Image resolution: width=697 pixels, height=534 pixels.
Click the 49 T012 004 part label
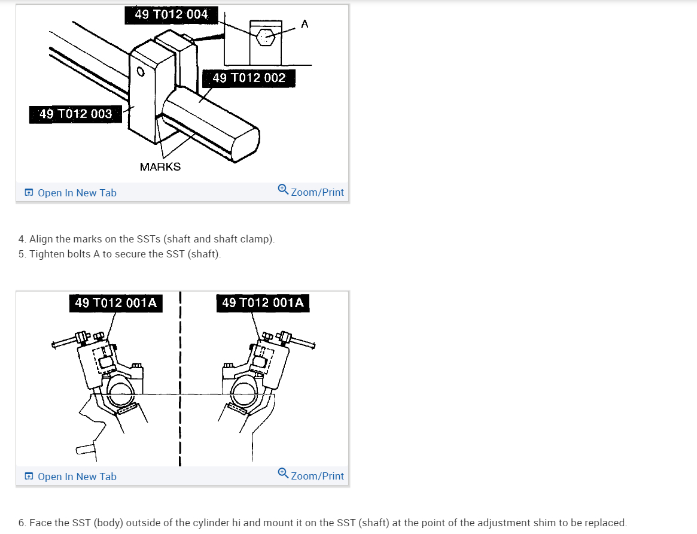[171, 14]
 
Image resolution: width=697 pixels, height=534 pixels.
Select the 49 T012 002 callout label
[249, 78]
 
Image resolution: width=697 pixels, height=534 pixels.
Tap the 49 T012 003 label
[75, 114]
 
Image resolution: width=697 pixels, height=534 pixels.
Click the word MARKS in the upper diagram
[160, 167]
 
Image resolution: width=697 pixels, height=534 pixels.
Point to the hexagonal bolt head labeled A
[266, 38]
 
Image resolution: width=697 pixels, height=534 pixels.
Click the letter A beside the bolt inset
[305, 25]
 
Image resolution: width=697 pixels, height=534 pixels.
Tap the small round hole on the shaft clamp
[141, 73]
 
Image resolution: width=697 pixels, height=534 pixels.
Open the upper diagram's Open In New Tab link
[77, 193]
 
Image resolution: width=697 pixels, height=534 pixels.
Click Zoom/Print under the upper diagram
[317, 192]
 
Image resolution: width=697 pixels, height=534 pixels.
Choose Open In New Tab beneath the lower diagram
[77, 477]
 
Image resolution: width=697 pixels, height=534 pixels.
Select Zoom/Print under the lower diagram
[317, 476]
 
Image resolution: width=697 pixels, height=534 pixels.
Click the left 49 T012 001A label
[116, 303]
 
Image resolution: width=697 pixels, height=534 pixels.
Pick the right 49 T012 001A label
[263, 303]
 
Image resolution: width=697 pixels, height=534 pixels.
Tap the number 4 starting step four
[22, 239]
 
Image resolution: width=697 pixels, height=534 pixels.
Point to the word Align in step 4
[41, 239]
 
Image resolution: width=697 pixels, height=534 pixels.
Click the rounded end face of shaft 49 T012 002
[245, 144]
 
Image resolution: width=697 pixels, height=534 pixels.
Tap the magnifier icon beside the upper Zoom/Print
[283, 189]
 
